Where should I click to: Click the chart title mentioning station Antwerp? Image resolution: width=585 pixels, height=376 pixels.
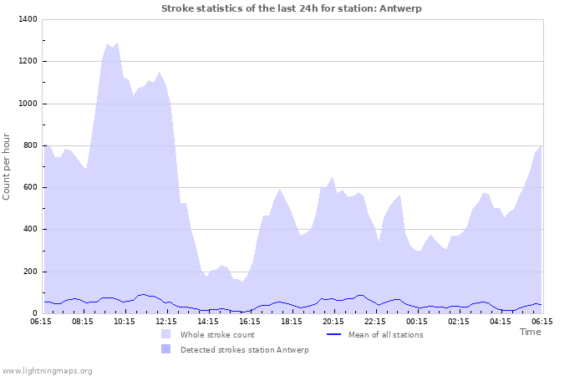(292, 8)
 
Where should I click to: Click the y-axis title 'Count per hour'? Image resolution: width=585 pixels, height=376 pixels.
(8, 166)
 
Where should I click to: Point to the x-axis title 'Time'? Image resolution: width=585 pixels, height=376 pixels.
(530, 332)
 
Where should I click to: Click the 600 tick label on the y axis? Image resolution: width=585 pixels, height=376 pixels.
(28, 187)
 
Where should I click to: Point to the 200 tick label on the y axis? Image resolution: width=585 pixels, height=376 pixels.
(28, 272)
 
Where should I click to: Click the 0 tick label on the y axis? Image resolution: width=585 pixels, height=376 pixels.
(33, 313)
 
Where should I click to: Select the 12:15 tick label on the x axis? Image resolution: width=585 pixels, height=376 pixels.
(166, 321)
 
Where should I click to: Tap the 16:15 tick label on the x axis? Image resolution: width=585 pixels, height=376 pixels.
(250, 321)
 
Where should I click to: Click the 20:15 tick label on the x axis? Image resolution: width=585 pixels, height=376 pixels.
(333, 321)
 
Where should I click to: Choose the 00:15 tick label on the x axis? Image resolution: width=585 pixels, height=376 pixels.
(417, 321)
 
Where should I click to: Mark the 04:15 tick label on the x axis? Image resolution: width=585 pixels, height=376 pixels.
(501, 321)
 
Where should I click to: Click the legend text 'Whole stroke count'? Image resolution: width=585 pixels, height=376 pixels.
(217, 335)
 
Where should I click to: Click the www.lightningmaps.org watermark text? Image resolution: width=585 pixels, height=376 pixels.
(47, 370)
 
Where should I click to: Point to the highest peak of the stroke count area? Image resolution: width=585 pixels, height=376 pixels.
(108, 43)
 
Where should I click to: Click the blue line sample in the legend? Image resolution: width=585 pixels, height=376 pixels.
(333, 334)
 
